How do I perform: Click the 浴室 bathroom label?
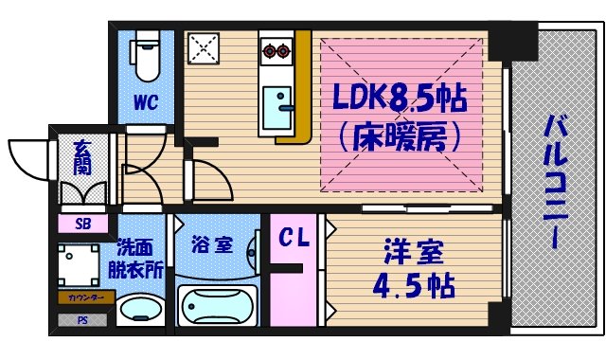coord(211,244)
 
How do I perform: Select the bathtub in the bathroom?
coord(219,306)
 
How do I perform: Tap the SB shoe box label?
coord(82,225)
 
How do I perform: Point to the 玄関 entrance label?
coord(82,163)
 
